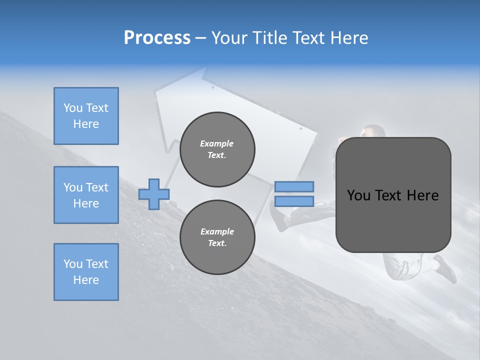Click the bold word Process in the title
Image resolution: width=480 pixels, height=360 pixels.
point(157,38)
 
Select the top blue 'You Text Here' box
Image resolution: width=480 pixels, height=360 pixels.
point(86,116)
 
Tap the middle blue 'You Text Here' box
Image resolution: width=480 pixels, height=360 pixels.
point(86,195)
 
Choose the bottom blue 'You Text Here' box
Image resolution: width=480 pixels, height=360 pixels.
point(86,272)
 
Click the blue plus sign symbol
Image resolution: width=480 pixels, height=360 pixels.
point(154,194)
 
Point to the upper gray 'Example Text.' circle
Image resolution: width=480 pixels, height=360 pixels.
point(217,149)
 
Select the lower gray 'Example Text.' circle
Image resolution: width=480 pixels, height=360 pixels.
point(217,237)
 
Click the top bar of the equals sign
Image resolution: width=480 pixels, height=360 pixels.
point(294,186)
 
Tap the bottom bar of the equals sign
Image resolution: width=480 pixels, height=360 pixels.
point(294,201)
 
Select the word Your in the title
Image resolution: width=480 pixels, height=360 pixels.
point(230,38)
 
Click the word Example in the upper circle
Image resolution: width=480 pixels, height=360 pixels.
point(217,143)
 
